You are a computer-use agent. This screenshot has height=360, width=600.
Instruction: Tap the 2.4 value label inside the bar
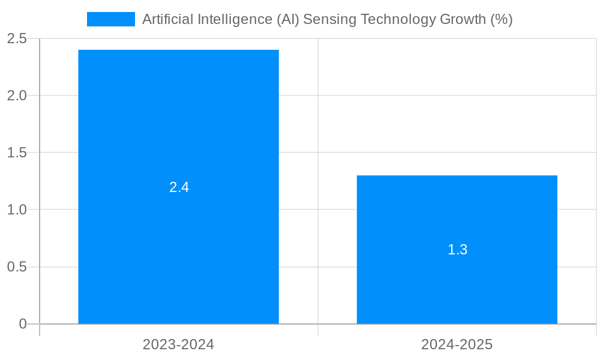[x=179, y=187]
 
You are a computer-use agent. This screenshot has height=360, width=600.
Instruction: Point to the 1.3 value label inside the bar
[x=457, y=250]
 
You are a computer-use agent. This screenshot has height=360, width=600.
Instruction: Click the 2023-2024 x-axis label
[x=178, y=344]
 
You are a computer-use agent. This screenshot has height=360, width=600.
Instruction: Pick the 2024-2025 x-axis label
[x=457, y=344]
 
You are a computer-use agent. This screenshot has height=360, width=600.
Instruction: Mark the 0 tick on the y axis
[x=23, y=324]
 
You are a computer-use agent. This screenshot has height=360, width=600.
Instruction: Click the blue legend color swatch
[x=111, y=19]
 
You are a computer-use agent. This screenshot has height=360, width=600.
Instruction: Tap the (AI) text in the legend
[x=288, y=19]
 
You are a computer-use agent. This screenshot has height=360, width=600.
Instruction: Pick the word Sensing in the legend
[x=328, y=19]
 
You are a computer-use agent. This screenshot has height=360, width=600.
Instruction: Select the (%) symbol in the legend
[x=502, y=19]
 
